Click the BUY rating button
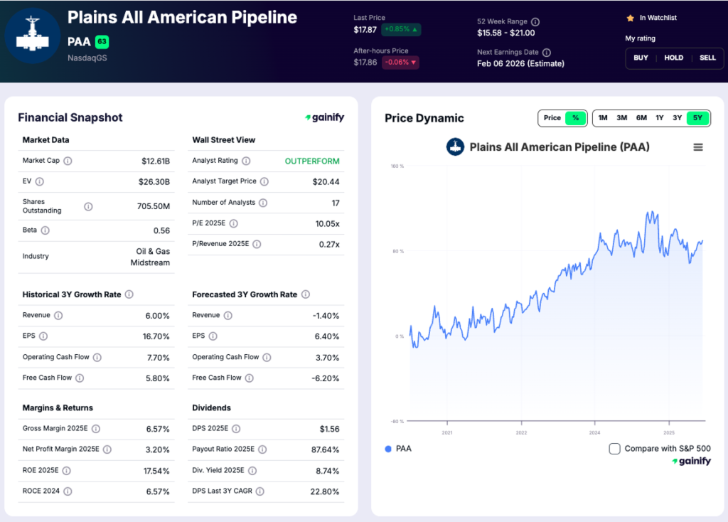click(x=641, y=58)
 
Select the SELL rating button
click(x=707, y=58)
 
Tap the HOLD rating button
click(x=674, y=58)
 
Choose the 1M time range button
click(x=603, y=118)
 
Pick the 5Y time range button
click(x=697, y=118)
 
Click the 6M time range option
click(x=641, y=118)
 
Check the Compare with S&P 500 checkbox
click(x=615, y=449)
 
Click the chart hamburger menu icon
click(x=697, y=147)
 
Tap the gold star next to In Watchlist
click(x=630, y=18)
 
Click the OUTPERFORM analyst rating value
click(x=312, y=161)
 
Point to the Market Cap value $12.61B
click(x=156, y=161)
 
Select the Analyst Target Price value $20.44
click(x=326, y=182)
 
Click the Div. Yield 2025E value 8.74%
click(x=326, y=471)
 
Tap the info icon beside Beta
click(x=45, y=230)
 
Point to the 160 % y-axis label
click(x=397, y=166)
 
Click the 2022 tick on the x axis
click(x=521, y=432)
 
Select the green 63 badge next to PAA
click(x=102, y=42)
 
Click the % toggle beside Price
click(x=575, y=118)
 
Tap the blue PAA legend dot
click(x=387, y=449)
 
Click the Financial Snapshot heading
click(x=70, y=118)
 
